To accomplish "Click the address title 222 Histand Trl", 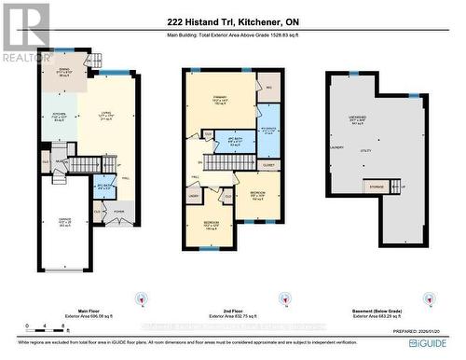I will click(233, 21).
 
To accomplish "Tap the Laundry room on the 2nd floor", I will click(194, 196).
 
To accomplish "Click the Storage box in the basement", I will click(376, 187).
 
